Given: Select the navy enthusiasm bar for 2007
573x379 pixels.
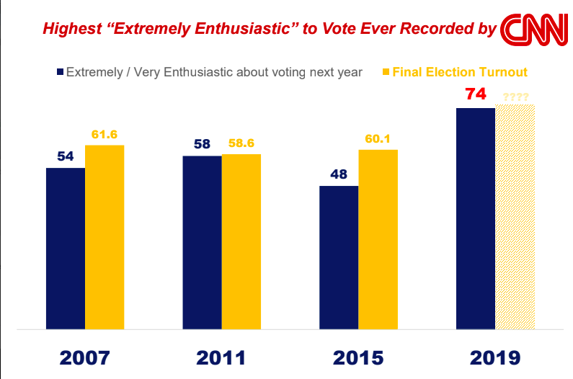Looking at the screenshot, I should coord(66,249).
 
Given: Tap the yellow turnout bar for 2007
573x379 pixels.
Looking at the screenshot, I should coord(105,237).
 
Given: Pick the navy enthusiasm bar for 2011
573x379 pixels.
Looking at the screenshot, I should coord(202,242).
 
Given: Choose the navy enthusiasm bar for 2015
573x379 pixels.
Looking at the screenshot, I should coord(339,257).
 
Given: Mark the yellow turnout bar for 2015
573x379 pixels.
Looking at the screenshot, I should coord(378,239).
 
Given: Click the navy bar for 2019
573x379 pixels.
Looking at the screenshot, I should coord(476,218).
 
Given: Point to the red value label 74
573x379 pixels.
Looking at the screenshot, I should coord(476,94).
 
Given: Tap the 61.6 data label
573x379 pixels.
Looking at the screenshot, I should coord(105,134).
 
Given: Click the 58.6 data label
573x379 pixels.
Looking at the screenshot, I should coord(241,143).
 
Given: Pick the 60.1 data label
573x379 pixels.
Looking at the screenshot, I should coord(378,138).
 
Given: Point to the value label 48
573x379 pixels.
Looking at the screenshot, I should coord(339,174).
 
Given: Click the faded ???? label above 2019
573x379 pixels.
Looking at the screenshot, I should coord(515,97).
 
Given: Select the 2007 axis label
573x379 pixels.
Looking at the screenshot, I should coord(85,357).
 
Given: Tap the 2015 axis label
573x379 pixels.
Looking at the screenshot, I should coord(358,357).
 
